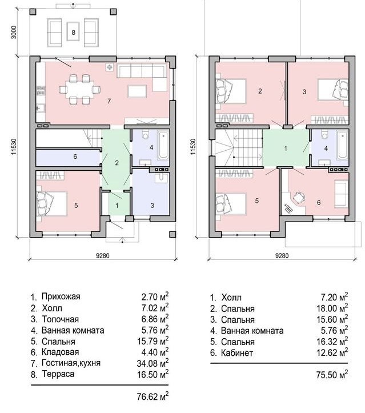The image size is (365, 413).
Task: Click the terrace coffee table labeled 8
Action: coord(73,31)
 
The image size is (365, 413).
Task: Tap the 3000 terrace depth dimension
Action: coord(14,32)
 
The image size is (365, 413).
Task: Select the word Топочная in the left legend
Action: coord(61,319)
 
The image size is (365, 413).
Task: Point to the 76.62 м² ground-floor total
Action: coord(153,396)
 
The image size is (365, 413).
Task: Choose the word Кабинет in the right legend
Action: coord(237,352)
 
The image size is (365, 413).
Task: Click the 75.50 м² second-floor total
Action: coord(332,375)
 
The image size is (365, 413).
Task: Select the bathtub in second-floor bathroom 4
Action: coord(343,146)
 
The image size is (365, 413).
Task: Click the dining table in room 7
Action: coord(79,90)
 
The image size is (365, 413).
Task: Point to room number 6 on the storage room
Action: coord(75,157)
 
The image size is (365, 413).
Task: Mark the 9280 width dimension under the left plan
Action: coord(103,255)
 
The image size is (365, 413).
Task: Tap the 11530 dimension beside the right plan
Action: coord(193,146)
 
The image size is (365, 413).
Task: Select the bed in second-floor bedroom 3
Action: coord(333,90)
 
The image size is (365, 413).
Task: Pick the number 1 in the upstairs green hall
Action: coord(286,149)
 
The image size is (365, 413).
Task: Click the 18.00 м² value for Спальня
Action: coord(332,308)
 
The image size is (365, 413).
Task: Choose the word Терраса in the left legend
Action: coord(58,374)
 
